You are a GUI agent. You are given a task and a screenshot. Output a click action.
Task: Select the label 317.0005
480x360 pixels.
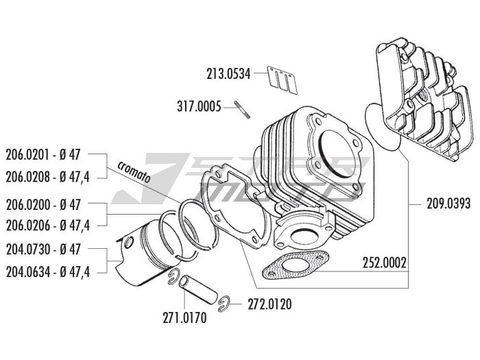pos(200,106)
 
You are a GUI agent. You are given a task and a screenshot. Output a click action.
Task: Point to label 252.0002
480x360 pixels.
pos(385,261)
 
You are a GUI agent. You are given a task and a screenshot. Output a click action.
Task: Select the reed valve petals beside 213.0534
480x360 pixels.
pos(279,78)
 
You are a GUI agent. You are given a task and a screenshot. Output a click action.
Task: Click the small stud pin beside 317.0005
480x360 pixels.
pos(241,109)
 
